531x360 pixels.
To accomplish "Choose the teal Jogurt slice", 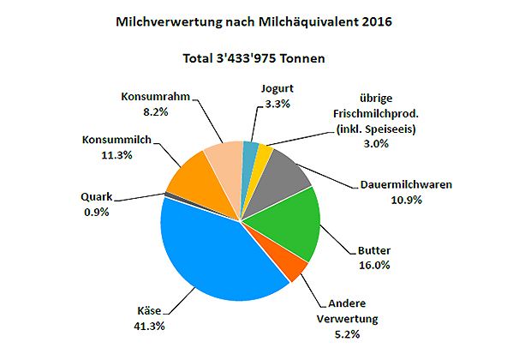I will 249,153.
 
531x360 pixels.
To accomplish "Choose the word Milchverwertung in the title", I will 165,22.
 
